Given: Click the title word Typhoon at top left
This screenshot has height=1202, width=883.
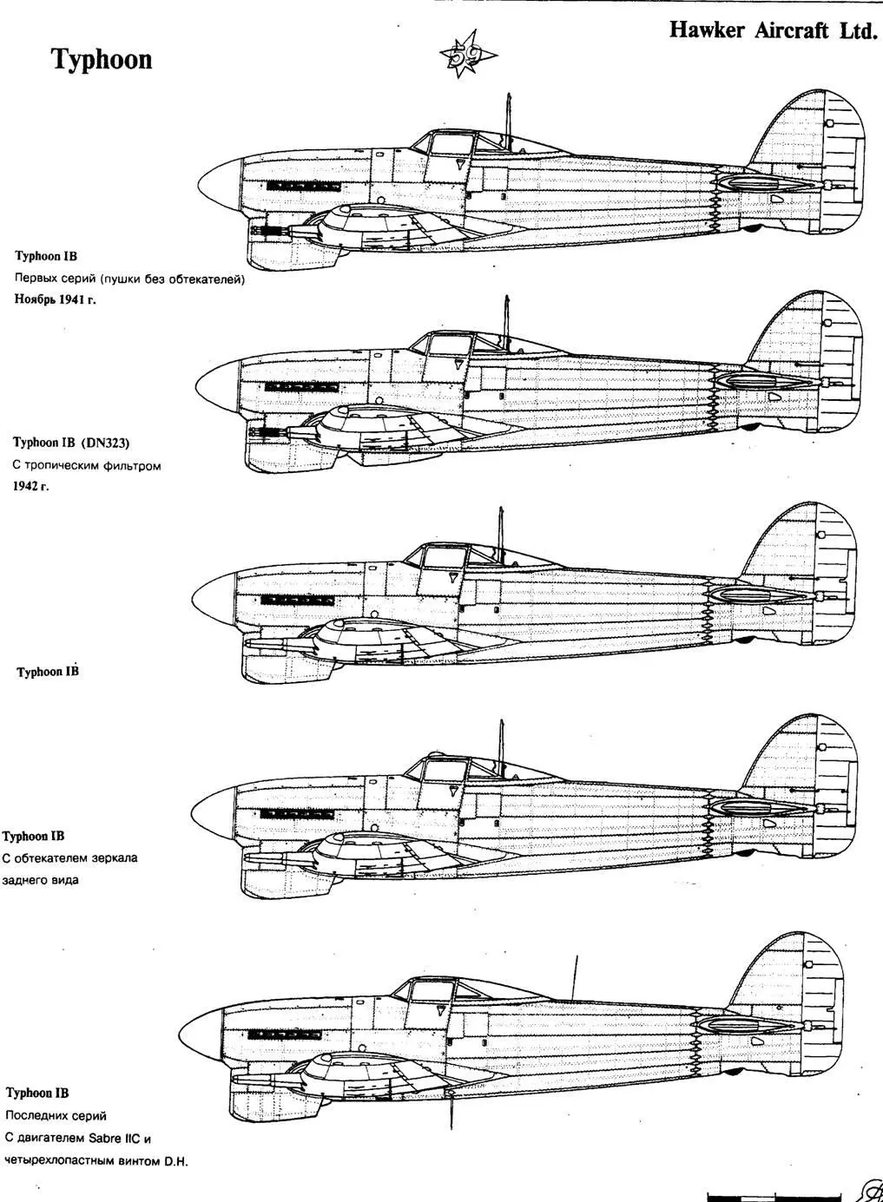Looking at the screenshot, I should tap(102, 59).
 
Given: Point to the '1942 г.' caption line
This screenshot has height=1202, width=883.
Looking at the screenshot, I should tap(30, 486).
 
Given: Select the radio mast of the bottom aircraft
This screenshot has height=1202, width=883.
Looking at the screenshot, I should tap(574, 975).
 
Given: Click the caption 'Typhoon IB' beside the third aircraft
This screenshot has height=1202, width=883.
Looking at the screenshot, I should tap(48, 672).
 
